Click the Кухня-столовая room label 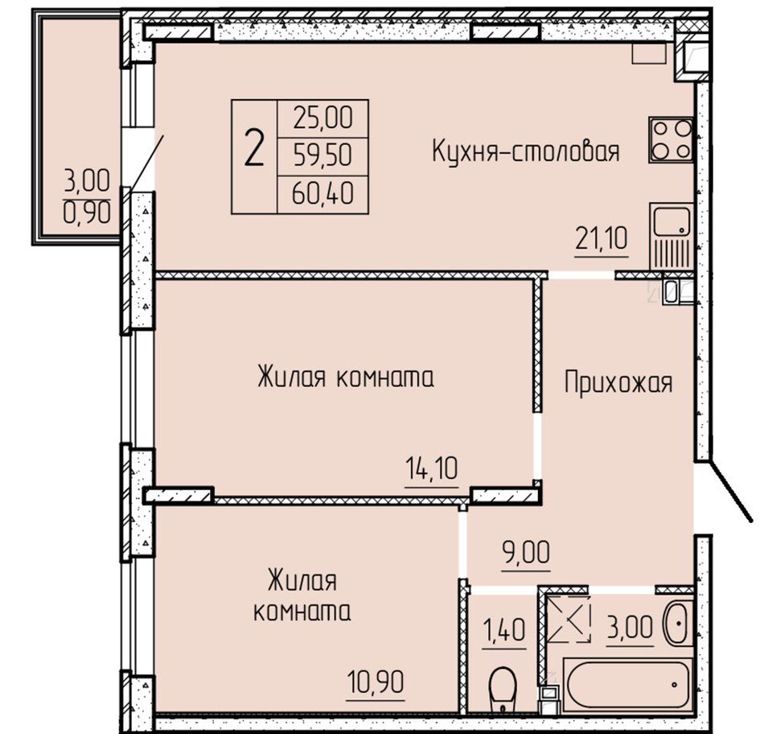(x=526, y=151)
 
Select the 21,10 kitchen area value (x=602, y=238)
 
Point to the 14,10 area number (x=432, y=468)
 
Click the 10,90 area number (x=376, y=682)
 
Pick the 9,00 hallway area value (x=526, y=552)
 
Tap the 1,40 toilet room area (x=504, y=629)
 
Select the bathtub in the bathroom (x=627, y=683)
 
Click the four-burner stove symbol (x=671, y=140)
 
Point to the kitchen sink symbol (x=672, y=236)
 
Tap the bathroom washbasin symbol (x=678, y=623)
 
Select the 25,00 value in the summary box (x=322, y=118)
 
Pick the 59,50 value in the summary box (x=322, y=156)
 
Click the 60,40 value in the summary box (x=322, y=194)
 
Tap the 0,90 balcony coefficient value (x=87, y=213)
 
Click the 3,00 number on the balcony (x=87, y=181)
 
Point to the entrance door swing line (x=730, y=492)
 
